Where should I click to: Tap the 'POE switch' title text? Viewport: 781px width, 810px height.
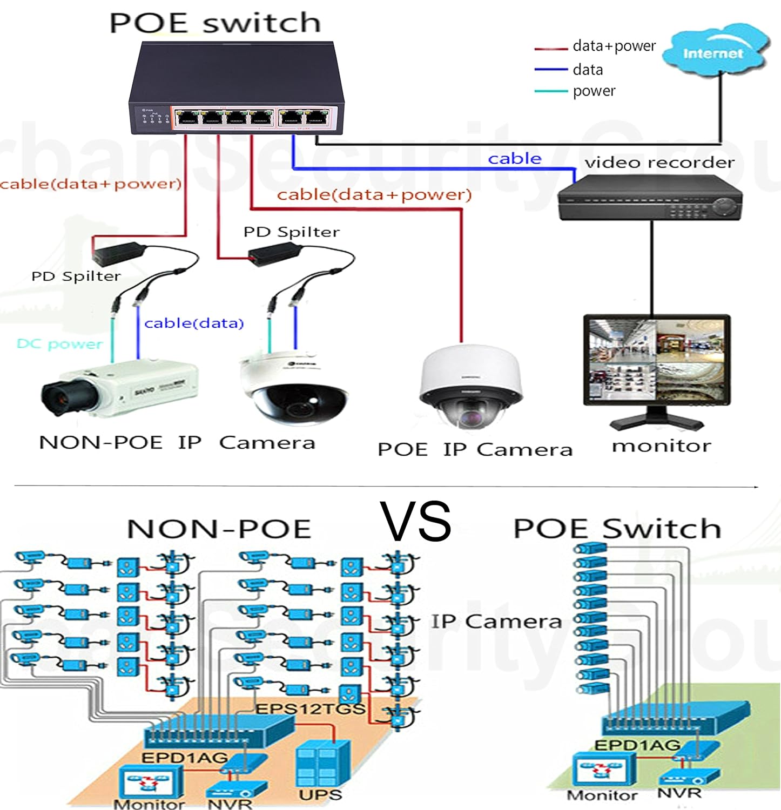(215, 23)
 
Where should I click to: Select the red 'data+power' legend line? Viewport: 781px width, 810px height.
(550, 49)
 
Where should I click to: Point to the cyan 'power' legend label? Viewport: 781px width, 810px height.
(594, 91)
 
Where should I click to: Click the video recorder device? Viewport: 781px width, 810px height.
(650, 200)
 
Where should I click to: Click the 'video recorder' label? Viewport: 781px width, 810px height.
(659, 162)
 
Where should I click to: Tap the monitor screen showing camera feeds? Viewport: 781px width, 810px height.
(657, 359)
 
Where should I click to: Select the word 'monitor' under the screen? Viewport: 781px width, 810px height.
(661, 446)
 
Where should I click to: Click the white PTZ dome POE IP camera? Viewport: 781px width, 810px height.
(471, 386)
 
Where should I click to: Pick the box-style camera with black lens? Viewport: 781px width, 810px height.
(119, 389)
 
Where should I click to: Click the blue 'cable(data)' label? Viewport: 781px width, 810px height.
(194, 323)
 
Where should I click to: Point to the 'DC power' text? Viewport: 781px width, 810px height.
(59, 344)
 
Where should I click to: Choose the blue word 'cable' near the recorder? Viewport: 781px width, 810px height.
(514, 158)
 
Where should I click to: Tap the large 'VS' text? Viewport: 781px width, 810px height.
(415, 521)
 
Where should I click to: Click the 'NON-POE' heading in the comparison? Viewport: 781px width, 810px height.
(219, 529)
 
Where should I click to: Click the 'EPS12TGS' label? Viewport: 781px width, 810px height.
(310, 708)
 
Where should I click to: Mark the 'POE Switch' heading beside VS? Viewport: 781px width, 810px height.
(617, 528)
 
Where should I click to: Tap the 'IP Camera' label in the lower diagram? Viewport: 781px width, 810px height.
(496, 621)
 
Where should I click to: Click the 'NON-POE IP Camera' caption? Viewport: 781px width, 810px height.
(177, 443)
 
